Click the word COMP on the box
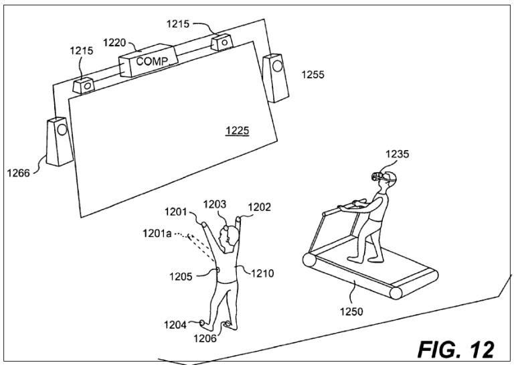(x=152, y=62)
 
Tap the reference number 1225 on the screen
(x=237, y=131)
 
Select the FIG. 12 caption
(x=456, y=349)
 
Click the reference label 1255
(x=313, y=75)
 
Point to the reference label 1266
(x=18, y=173)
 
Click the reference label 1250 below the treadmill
(x=351, y=311)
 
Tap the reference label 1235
(x=397, y=154)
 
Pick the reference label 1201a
(x=157, y=234)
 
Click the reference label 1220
(x=114, y=43)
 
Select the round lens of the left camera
(x=88, y=86)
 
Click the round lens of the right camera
(x=225, y=43)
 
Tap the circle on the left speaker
(x=62, y=129)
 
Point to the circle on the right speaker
(x=277, y=66)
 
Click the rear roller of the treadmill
(x=309, y=260)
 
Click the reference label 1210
(x=262, y=273)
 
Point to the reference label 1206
(x=205, y=338)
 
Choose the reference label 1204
(x=175, y=325)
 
